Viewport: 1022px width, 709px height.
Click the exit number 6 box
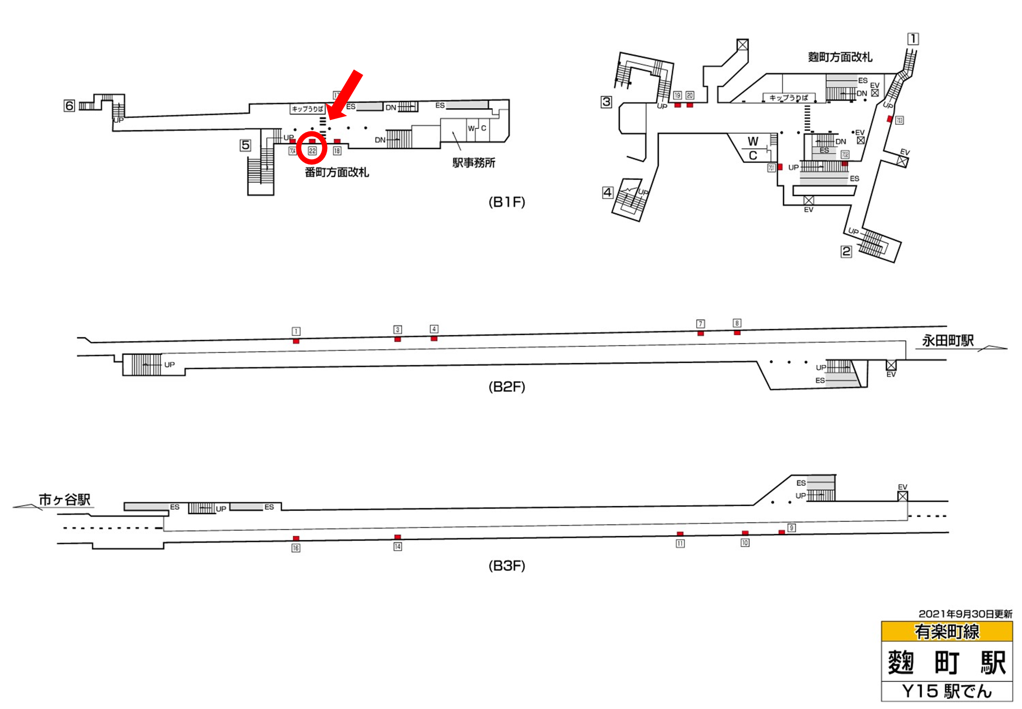coord(69,106)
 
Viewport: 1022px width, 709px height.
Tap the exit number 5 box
coord(245,145)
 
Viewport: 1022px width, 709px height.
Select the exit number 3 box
coord(606,102)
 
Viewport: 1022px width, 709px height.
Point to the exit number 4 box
coord(608,192)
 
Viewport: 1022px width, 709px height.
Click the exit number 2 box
coord(846,252)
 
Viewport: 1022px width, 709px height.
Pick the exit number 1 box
coord(913,39)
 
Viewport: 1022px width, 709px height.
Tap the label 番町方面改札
coord(337,172)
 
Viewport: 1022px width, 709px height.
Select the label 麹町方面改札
coord(840,57)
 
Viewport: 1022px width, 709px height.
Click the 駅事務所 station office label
coord(474,163)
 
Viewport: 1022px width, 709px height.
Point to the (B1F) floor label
coord(506,203)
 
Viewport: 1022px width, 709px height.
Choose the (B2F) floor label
coord(506,387)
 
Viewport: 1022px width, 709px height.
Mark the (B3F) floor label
coord(506,566)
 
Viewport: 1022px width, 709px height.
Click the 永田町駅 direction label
coord(948,341)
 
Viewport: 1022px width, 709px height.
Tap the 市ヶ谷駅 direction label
coord(65,500)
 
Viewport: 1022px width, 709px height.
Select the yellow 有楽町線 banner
coord(947,631)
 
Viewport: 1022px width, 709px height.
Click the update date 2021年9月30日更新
coord(965,614)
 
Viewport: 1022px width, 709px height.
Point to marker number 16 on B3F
coord(296,548)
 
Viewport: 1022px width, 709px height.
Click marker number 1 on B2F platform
coord(296,331)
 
